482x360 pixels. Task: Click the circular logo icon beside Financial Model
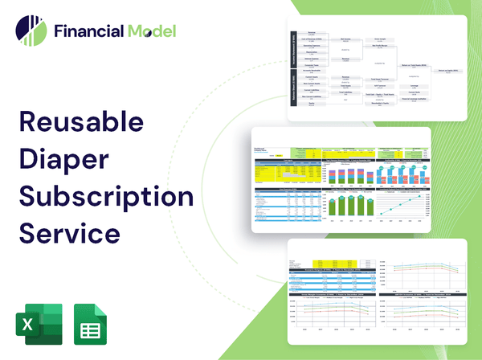click(31, 31)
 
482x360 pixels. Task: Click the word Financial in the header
click(88, 32)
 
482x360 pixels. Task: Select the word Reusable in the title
click(80, 122)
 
